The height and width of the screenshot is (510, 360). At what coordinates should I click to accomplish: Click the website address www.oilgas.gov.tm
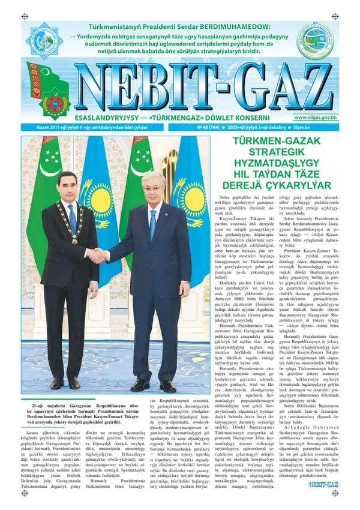coord(315,118)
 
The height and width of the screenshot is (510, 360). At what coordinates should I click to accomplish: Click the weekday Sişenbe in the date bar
coord(323,128)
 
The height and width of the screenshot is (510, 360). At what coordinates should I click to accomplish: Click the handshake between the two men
coord(97,255)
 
